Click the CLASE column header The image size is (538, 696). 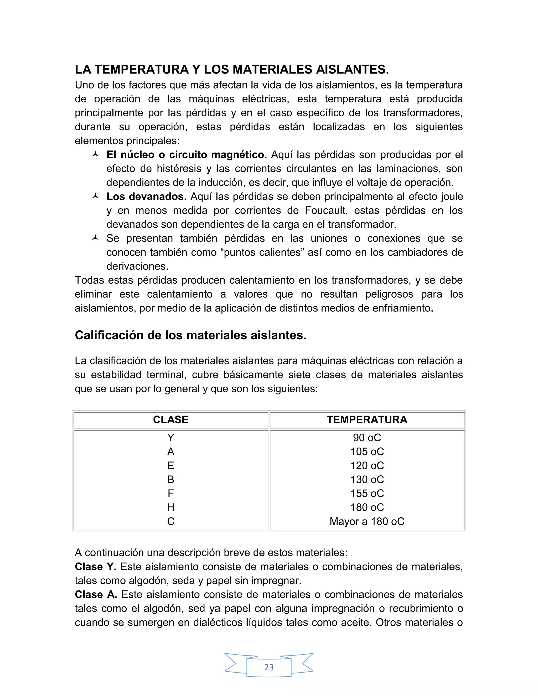click(x=170, y=420)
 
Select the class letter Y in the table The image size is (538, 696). click(x=170, y=438)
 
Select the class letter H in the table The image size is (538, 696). click(x=170, y=507)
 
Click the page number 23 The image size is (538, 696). click(x=269, y=667)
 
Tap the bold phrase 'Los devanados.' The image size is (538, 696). click(x=147, y=197)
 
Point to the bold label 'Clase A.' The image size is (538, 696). click(x=96, y=595)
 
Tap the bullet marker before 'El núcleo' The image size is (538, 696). click(x=95, y=154)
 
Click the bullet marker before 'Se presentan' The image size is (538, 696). click(x=95, y=238)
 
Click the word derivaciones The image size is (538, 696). click(x=137, y=266)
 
